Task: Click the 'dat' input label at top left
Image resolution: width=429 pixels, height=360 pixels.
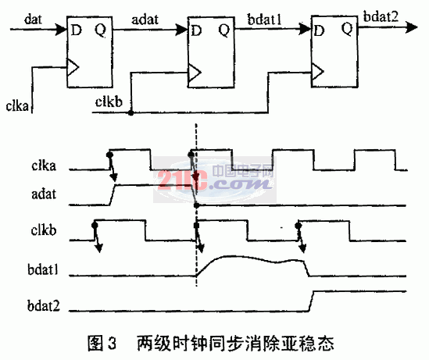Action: tap(33, 20)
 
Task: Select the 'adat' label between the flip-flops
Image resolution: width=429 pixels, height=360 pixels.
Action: tap(145, 20)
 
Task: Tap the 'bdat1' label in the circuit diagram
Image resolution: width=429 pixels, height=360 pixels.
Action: tap(264, 20)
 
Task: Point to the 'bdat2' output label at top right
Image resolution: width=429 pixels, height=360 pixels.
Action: tap(381, 16)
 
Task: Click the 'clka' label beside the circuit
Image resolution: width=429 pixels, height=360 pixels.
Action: tap(17, 106)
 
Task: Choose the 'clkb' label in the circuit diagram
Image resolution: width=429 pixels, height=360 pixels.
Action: tap(109, 102)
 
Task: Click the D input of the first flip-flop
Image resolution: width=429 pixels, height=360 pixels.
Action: tap(77, 30)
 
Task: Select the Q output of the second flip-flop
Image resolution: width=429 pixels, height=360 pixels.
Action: tap(224, 30)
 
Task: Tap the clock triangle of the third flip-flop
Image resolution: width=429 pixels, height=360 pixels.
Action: tap(317, 72)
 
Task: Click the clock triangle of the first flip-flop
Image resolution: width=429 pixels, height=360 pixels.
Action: tap(73, 67)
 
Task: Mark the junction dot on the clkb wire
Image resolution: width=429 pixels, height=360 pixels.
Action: tap(131, 112)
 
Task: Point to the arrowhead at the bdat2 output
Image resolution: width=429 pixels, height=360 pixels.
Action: tap(412, 27)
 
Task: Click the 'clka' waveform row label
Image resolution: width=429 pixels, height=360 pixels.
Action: tap(44, 166)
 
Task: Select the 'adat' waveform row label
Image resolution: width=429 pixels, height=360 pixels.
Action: tap(44, 194)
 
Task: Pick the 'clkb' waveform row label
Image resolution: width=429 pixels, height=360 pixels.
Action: tap(44, 230)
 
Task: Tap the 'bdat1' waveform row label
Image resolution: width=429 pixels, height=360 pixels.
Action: tap(43, 269)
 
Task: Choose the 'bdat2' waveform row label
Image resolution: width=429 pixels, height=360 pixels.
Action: tap(44, 305)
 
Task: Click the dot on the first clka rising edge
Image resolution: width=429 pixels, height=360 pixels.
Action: tap(109, 155)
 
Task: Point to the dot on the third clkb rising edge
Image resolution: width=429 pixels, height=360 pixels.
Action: tap(299, 226)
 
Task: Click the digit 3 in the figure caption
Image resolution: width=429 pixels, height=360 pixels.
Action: tap(112, 344)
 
